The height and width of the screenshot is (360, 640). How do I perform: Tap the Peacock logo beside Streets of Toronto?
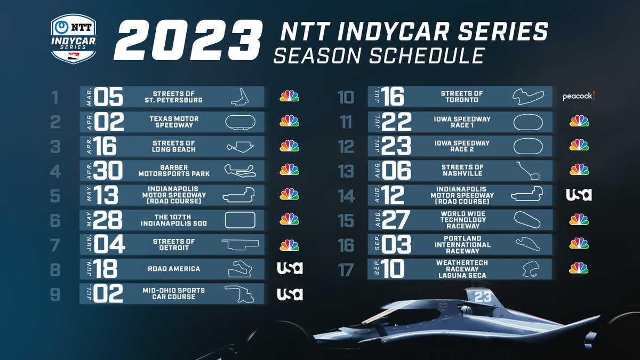pyautogui.click(x=579, y=97)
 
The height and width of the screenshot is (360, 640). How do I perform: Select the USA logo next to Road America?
pyautogui.click(x=290, y=268)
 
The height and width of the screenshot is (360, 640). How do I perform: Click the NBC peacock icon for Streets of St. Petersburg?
pyautogui.click(x=290, y=97)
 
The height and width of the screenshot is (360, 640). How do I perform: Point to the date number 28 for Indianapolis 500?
pyautogui.click(x=108, y=219)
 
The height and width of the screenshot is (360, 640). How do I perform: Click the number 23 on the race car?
pyautogui.click(x=482, y=297)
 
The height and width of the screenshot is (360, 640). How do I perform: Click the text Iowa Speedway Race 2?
pyautogui.click(x=462, y=146)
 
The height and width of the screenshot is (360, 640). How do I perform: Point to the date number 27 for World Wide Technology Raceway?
pyautogui.click(x=396, y=219)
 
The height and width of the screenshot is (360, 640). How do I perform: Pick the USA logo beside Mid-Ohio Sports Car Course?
pyautogui.click(x=290, y=293)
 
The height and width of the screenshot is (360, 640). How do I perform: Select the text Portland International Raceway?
pyautogui.click(x=462, y=244)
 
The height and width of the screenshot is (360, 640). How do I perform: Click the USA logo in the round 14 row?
pyautogui.click(x=579, y=195)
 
